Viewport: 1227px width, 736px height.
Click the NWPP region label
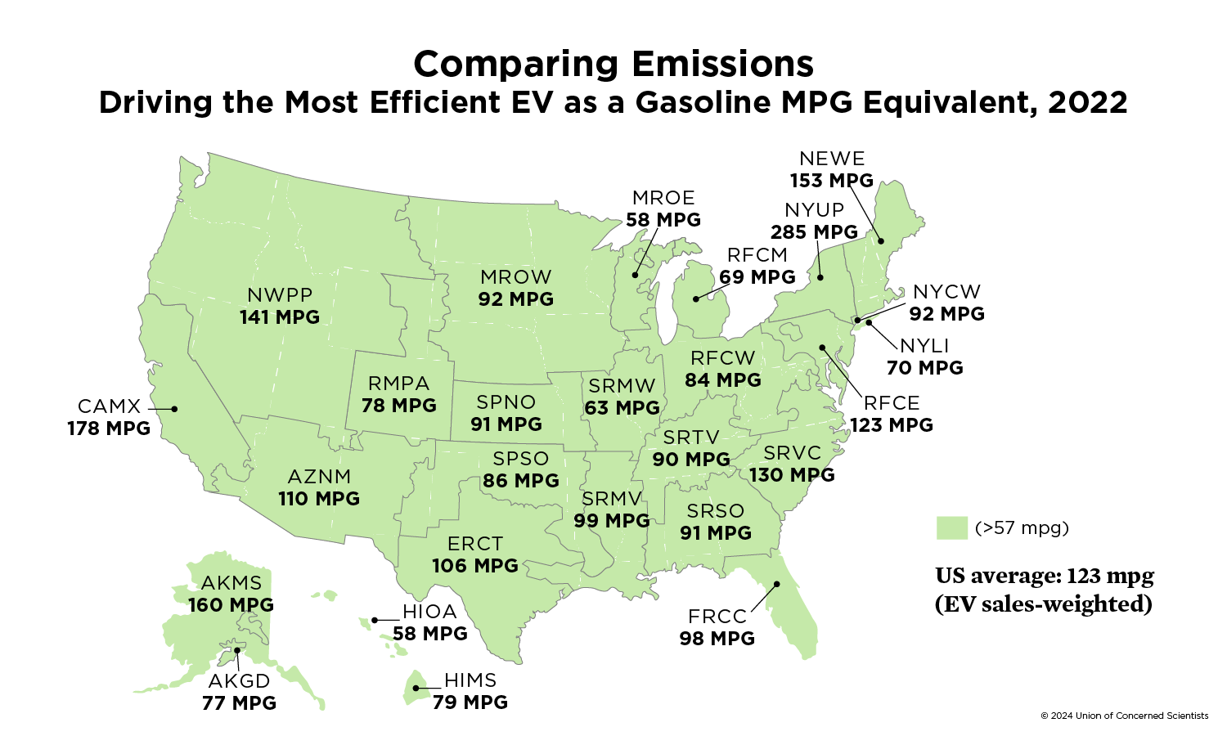coord(280,295)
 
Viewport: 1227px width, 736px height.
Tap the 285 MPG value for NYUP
coord(814,232)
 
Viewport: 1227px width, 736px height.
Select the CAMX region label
coord(110,406)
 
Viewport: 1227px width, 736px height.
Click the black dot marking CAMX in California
coord(174,408)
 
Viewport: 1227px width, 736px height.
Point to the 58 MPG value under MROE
coord(663,220)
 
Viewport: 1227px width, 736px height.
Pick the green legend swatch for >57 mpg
coord(951,527)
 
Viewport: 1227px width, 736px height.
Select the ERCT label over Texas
coord(475,544)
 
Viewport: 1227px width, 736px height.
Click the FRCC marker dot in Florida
coord(778,584)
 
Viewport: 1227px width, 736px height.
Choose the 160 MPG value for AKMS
coord(231,605)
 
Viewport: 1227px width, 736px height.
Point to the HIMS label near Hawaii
coord(470,680)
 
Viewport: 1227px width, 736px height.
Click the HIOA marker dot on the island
coord(375,620)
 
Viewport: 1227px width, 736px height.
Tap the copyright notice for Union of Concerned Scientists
coord(1124,716)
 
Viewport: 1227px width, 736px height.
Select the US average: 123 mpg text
coord(1045,577)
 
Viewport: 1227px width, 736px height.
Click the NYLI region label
coord(924,346)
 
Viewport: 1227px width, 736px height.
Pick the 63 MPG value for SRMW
coord(622,407)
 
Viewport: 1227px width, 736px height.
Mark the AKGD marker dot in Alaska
coord(236,650)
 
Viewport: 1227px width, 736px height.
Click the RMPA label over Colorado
coord(399,384)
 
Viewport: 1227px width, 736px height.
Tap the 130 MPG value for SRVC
coord(792,475)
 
